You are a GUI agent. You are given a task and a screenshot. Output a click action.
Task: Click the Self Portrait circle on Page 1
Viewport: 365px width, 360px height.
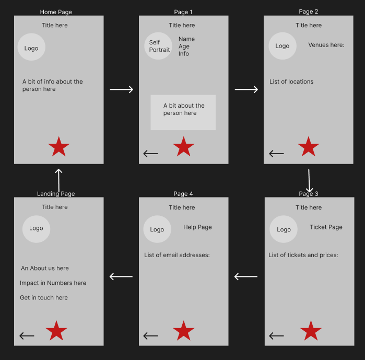tap(158, 46)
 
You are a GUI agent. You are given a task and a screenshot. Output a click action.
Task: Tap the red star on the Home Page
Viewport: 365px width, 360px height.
tap(59, 147)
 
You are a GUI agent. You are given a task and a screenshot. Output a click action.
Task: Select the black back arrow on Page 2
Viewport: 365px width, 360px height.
tap(276, 154)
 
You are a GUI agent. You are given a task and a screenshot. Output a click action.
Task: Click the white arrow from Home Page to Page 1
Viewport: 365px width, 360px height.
tap(122, 89)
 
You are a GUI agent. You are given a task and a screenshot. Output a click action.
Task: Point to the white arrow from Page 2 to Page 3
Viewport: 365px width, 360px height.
tap(309, 181)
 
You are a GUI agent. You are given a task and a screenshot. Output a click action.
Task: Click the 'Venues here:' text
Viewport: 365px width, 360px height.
tap(326, 45)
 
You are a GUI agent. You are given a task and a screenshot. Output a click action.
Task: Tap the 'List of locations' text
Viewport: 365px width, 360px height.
tap(291, 82)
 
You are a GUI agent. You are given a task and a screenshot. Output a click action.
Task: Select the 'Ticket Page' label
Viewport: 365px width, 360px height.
tap(326, 227)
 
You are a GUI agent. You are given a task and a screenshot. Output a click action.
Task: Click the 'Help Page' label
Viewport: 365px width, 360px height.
tap(197, 227)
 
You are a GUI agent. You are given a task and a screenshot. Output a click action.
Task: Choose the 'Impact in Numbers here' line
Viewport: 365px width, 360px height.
tap(53, 283)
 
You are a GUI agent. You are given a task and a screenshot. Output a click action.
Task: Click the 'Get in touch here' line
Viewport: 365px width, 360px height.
tap(44, 298)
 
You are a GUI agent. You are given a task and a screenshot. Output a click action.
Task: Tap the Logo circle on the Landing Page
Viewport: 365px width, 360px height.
tap(37, 229)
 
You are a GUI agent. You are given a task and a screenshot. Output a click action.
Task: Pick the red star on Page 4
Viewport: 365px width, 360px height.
tap(184, 331)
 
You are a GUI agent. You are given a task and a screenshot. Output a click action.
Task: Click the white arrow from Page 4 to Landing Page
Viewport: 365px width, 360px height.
tap(121, 276)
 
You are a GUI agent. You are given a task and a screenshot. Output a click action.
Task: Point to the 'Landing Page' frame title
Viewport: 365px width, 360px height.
tap(56, 194)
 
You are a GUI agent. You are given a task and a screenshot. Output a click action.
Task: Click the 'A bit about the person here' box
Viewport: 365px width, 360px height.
tap(183, 112)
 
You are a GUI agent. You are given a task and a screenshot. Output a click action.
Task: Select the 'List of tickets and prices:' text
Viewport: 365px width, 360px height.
tap(303, 255)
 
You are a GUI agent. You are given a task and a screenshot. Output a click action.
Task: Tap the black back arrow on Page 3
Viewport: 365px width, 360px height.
tap(276, 336)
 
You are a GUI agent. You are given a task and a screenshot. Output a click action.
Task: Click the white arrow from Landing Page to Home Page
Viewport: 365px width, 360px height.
tap(58, 180)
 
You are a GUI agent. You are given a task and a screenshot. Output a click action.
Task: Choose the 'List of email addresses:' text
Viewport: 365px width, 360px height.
tap(177, 255)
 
